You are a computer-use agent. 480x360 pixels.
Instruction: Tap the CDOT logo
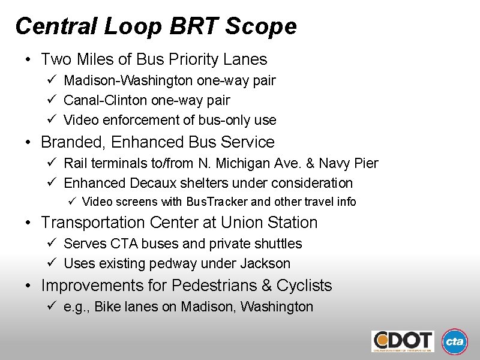pyautogui.click(x=403, y=341)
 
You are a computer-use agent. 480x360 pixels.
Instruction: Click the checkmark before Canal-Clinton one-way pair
pyautogui.click(x=52, y=100)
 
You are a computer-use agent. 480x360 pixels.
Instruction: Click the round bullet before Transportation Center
pyautogui.click(x=28, y=223)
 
